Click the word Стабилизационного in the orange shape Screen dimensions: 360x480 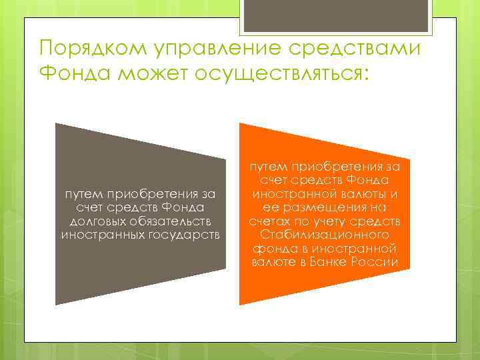(325, 235)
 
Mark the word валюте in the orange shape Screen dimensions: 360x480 (277, 262)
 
